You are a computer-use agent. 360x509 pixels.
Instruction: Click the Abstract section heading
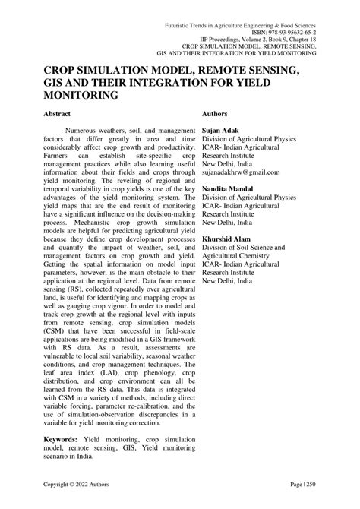coord(57,114)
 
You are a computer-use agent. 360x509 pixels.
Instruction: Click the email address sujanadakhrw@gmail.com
coord(244,173)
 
